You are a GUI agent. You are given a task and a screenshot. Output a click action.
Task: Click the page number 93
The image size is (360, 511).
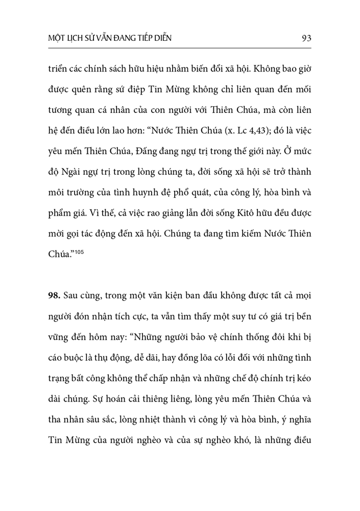(x=306, y=38)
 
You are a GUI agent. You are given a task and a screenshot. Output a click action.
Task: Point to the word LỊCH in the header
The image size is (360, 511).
(x=79, y=39)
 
